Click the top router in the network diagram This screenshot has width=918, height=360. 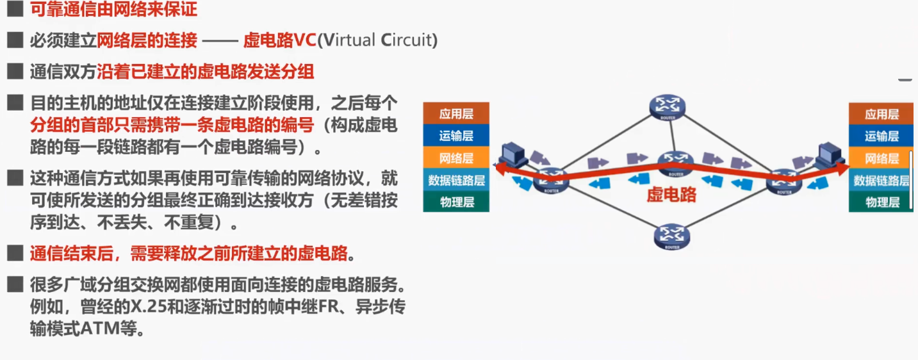tap(666, 107)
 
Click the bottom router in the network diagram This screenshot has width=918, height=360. tap(671, 236)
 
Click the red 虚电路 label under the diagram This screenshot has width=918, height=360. tap(671, 195)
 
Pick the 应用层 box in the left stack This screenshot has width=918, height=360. tap(456, 114)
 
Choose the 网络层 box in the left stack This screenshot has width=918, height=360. tap(456, 158)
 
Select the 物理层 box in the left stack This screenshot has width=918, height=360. tap(456, 202)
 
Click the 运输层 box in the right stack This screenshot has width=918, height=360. tap(881, 136)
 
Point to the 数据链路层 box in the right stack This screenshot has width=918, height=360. tap(881, 180)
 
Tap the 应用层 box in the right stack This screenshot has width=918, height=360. tap(881, 114)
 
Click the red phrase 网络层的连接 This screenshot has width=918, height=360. tap(147, 40)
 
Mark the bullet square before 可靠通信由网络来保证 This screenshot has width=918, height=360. tap(15, 10)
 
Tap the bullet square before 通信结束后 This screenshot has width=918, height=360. tap(15, 253)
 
